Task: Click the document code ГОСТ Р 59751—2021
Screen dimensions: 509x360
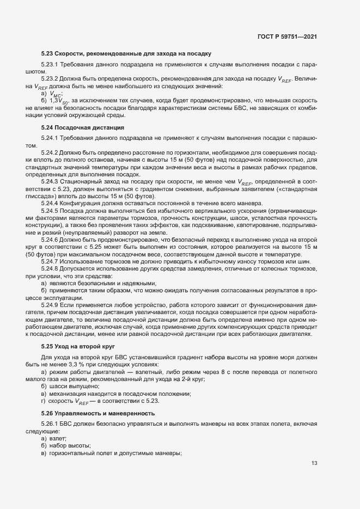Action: coord(288,36)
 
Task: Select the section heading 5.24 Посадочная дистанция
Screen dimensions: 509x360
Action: coord(83,127)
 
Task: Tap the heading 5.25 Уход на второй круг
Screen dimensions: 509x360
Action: coord(80,346)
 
